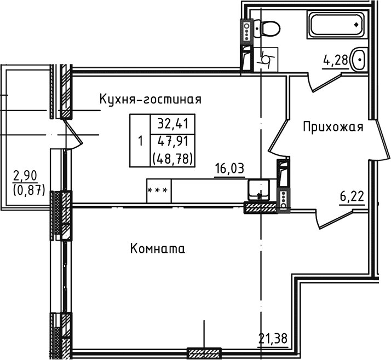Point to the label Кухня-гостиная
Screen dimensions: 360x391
pyautogui.click(x=150, y=100)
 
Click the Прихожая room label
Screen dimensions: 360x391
pyautogui.click(x=334, y=127)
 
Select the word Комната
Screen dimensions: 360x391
pyautogui.click(x=158, y=249)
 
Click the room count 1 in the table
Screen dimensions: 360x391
pyautogui.click(x=140, y=141)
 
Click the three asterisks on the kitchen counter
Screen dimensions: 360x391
pyautogui.click(x=158, y=190)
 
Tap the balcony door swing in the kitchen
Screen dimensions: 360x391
pyautogui.click(x=72, y=134)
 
